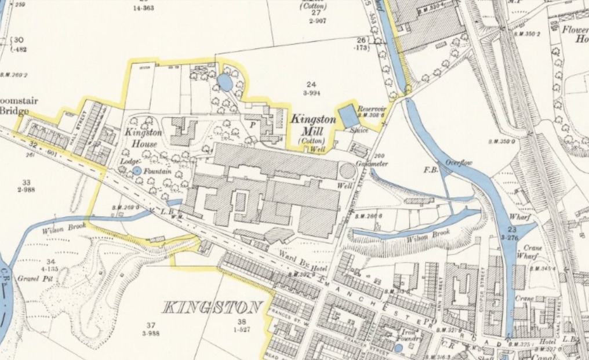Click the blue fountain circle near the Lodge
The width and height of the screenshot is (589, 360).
coord(137,170)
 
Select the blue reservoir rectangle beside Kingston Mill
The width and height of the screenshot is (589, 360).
coord(348,116)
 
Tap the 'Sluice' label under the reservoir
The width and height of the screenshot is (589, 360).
coord(359,132)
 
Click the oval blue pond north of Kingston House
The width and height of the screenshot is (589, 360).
coord(226,83)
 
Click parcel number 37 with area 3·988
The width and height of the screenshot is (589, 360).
coord(151,328)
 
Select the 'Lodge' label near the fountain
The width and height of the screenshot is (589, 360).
coord(128,163)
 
